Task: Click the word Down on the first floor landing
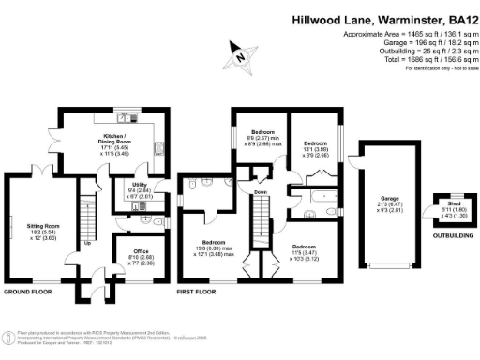(261, 192)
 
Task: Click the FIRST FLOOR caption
(196, 293)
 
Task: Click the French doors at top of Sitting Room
(42, 171)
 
